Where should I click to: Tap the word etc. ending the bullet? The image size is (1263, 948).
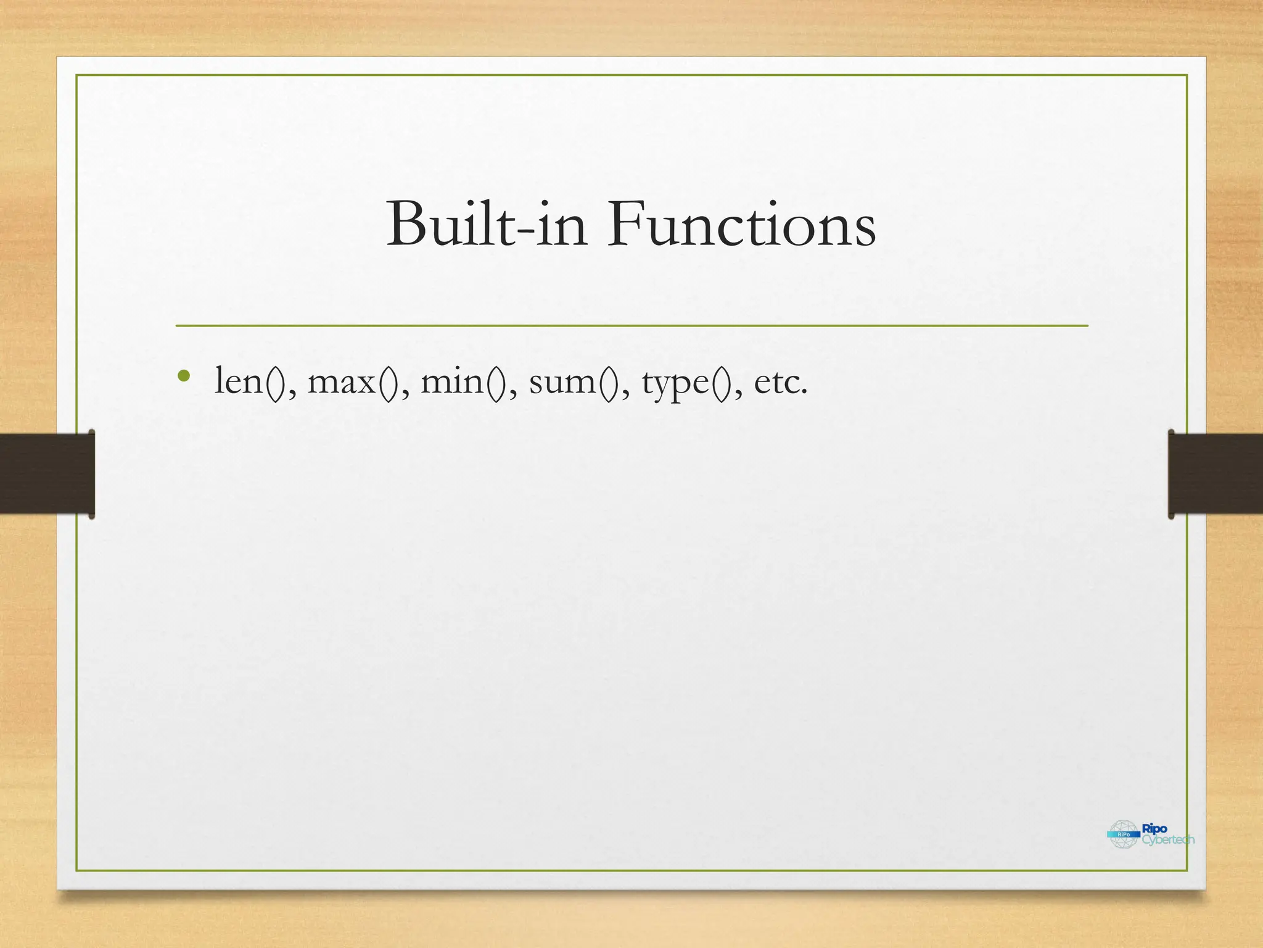[781, 381]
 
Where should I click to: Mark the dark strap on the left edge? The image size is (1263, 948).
[47, 474]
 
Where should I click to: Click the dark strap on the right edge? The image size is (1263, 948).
[1215, 474]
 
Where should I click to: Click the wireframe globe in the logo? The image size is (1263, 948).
[1122, 834]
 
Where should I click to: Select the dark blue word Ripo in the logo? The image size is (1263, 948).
[1154, 828]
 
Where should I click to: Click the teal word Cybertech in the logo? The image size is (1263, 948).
[1168, 840]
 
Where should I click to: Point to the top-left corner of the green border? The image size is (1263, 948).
[76, 75]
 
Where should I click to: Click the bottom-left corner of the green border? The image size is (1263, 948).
[76, 871]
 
